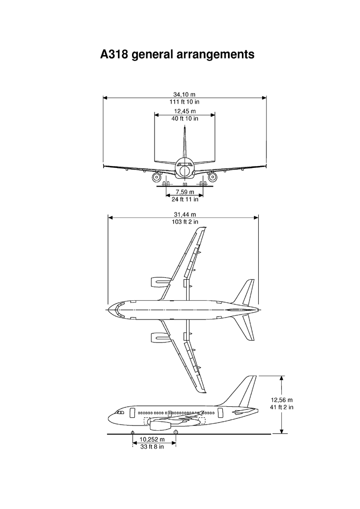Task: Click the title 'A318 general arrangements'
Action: click(x=178, y=55)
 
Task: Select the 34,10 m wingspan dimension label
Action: click(x=184, y=95)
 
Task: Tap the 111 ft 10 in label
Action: click(x=184, y=102)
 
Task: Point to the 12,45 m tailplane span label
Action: click(x=184, y=111)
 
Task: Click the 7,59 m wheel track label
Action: click(x=184, y=192)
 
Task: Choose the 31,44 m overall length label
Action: click(x=184, y=214)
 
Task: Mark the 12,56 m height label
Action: click(x=281, y=400)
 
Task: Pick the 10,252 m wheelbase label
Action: click(x=152, y=439)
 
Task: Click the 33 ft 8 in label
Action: click(x=152, y=447)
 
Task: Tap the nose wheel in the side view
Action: click(x=132, y=432)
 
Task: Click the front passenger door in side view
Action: click(x=132, y=413)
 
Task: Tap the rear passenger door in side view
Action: click(x=220, y=413)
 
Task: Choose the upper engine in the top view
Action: click(x=160, y=283)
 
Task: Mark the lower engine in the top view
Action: click(x=160, y=338)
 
